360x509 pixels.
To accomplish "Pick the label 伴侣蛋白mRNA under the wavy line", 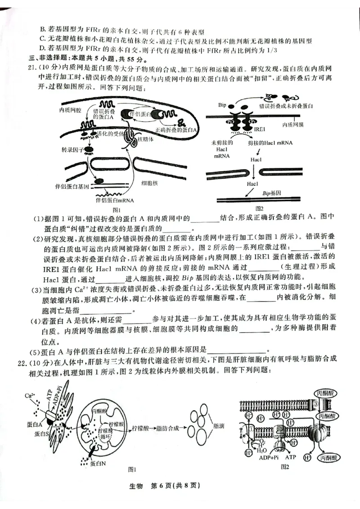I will point(115,200).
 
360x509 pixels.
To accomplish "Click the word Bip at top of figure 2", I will point(222,105).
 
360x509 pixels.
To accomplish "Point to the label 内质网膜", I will point(293,124).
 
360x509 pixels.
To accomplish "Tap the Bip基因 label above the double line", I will point(272,192).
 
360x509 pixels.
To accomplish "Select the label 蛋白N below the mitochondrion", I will point(98,464).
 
